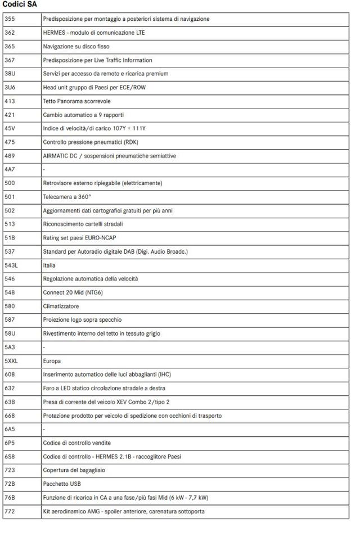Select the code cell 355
coord(10,19)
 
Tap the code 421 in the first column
coord(10,115)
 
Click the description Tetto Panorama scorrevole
coord(76,101)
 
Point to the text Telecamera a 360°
coord(67,197)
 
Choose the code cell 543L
coord(11,265)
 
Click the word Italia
coord(49,265)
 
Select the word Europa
coord(52,361)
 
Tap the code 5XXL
coord(11,361)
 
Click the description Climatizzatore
coord(61,306)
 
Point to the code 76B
coord(10,498)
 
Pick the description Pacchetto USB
coord(62,484)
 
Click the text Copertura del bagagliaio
coord(74,470)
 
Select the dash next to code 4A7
coord(44,169)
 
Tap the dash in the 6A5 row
coord(44,429)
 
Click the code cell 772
coord(10,511)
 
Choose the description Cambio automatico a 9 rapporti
coord(83,115)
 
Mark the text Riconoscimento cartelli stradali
coord(83,224)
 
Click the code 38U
coord(10,74)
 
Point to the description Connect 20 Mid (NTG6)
coord(73,292)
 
